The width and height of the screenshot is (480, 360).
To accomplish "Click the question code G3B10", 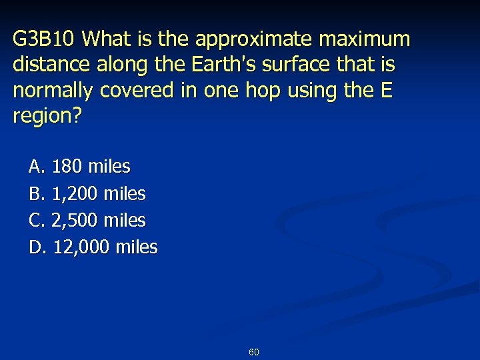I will (x=45, y=40).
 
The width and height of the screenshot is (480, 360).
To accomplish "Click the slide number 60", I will (x=254, y=351).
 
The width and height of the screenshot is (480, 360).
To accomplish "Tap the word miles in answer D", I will (x=137, y=247).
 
